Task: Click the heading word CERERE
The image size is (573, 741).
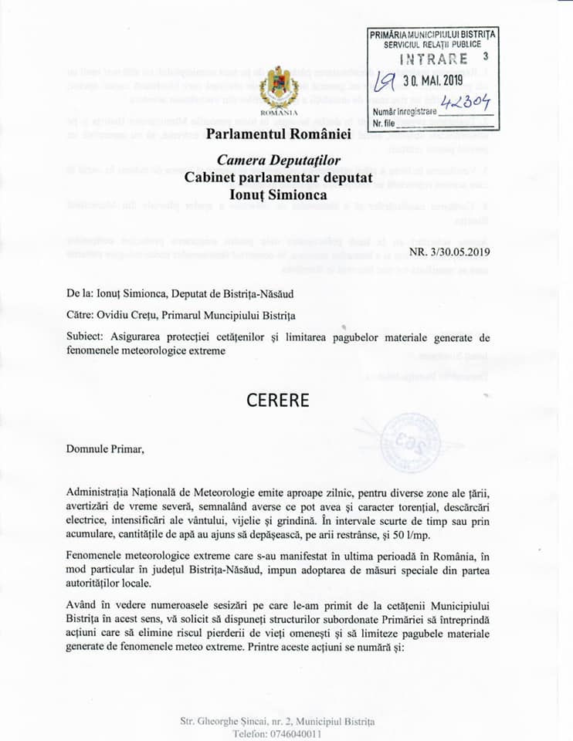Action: (x=277, y=401)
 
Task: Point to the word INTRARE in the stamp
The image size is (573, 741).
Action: (x=433, y=59)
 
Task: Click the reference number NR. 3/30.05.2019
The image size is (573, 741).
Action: (x=449, y=251)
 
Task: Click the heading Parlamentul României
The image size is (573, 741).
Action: (x=278, y=134)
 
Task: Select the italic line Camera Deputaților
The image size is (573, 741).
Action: (x=278, y=161)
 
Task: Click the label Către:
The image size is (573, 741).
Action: (x=80, y=315)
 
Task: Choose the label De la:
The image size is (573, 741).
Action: (x=80, y=293)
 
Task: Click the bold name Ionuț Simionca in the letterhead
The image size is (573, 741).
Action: (x=278, y=195)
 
